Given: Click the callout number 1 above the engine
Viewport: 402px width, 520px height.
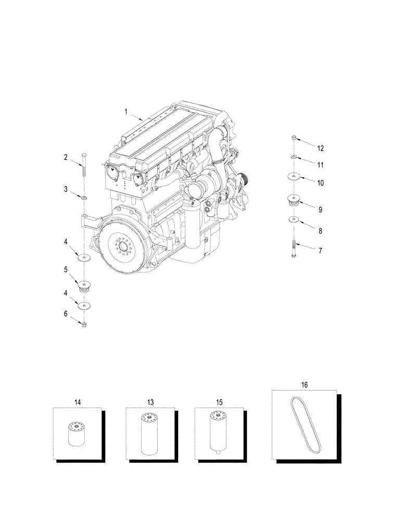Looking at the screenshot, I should [x=125, y=111].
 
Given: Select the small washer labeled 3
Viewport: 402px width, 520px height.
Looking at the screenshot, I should [x=84, y=198].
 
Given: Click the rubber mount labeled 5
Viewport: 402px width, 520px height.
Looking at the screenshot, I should [x=83, y=285].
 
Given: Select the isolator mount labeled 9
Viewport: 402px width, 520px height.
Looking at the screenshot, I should [x=294, y=200].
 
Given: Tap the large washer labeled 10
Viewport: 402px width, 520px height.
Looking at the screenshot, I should [x=294, y=177].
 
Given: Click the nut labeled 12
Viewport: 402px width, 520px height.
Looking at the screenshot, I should [x=294, y=138].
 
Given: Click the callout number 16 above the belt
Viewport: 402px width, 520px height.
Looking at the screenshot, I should [x=305, y=385].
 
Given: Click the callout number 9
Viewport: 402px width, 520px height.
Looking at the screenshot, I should [x=320, y=210].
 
